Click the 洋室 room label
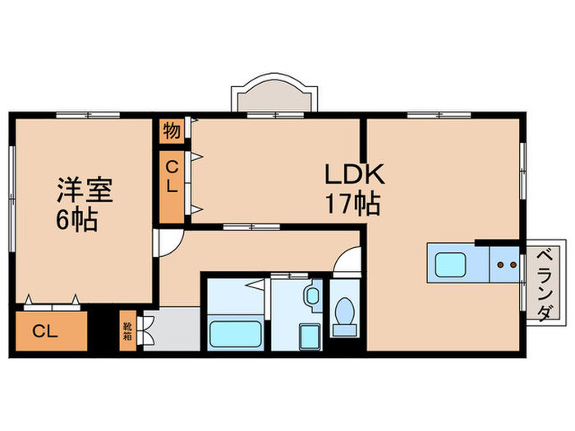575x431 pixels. click(x=83, y=190)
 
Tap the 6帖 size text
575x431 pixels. click(x=77, y=219)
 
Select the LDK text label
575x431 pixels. click(x=352, y=175)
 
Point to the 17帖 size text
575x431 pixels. click(x=352, y=203)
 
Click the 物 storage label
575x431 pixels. click(x=171, y=131)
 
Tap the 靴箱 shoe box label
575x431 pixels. click(x=128, y=330)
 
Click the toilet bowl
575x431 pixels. click(x=346, y=314)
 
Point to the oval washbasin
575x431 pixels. click(x=313, y=296)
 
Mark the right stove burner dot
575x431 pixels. click(x=513, y=265)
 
